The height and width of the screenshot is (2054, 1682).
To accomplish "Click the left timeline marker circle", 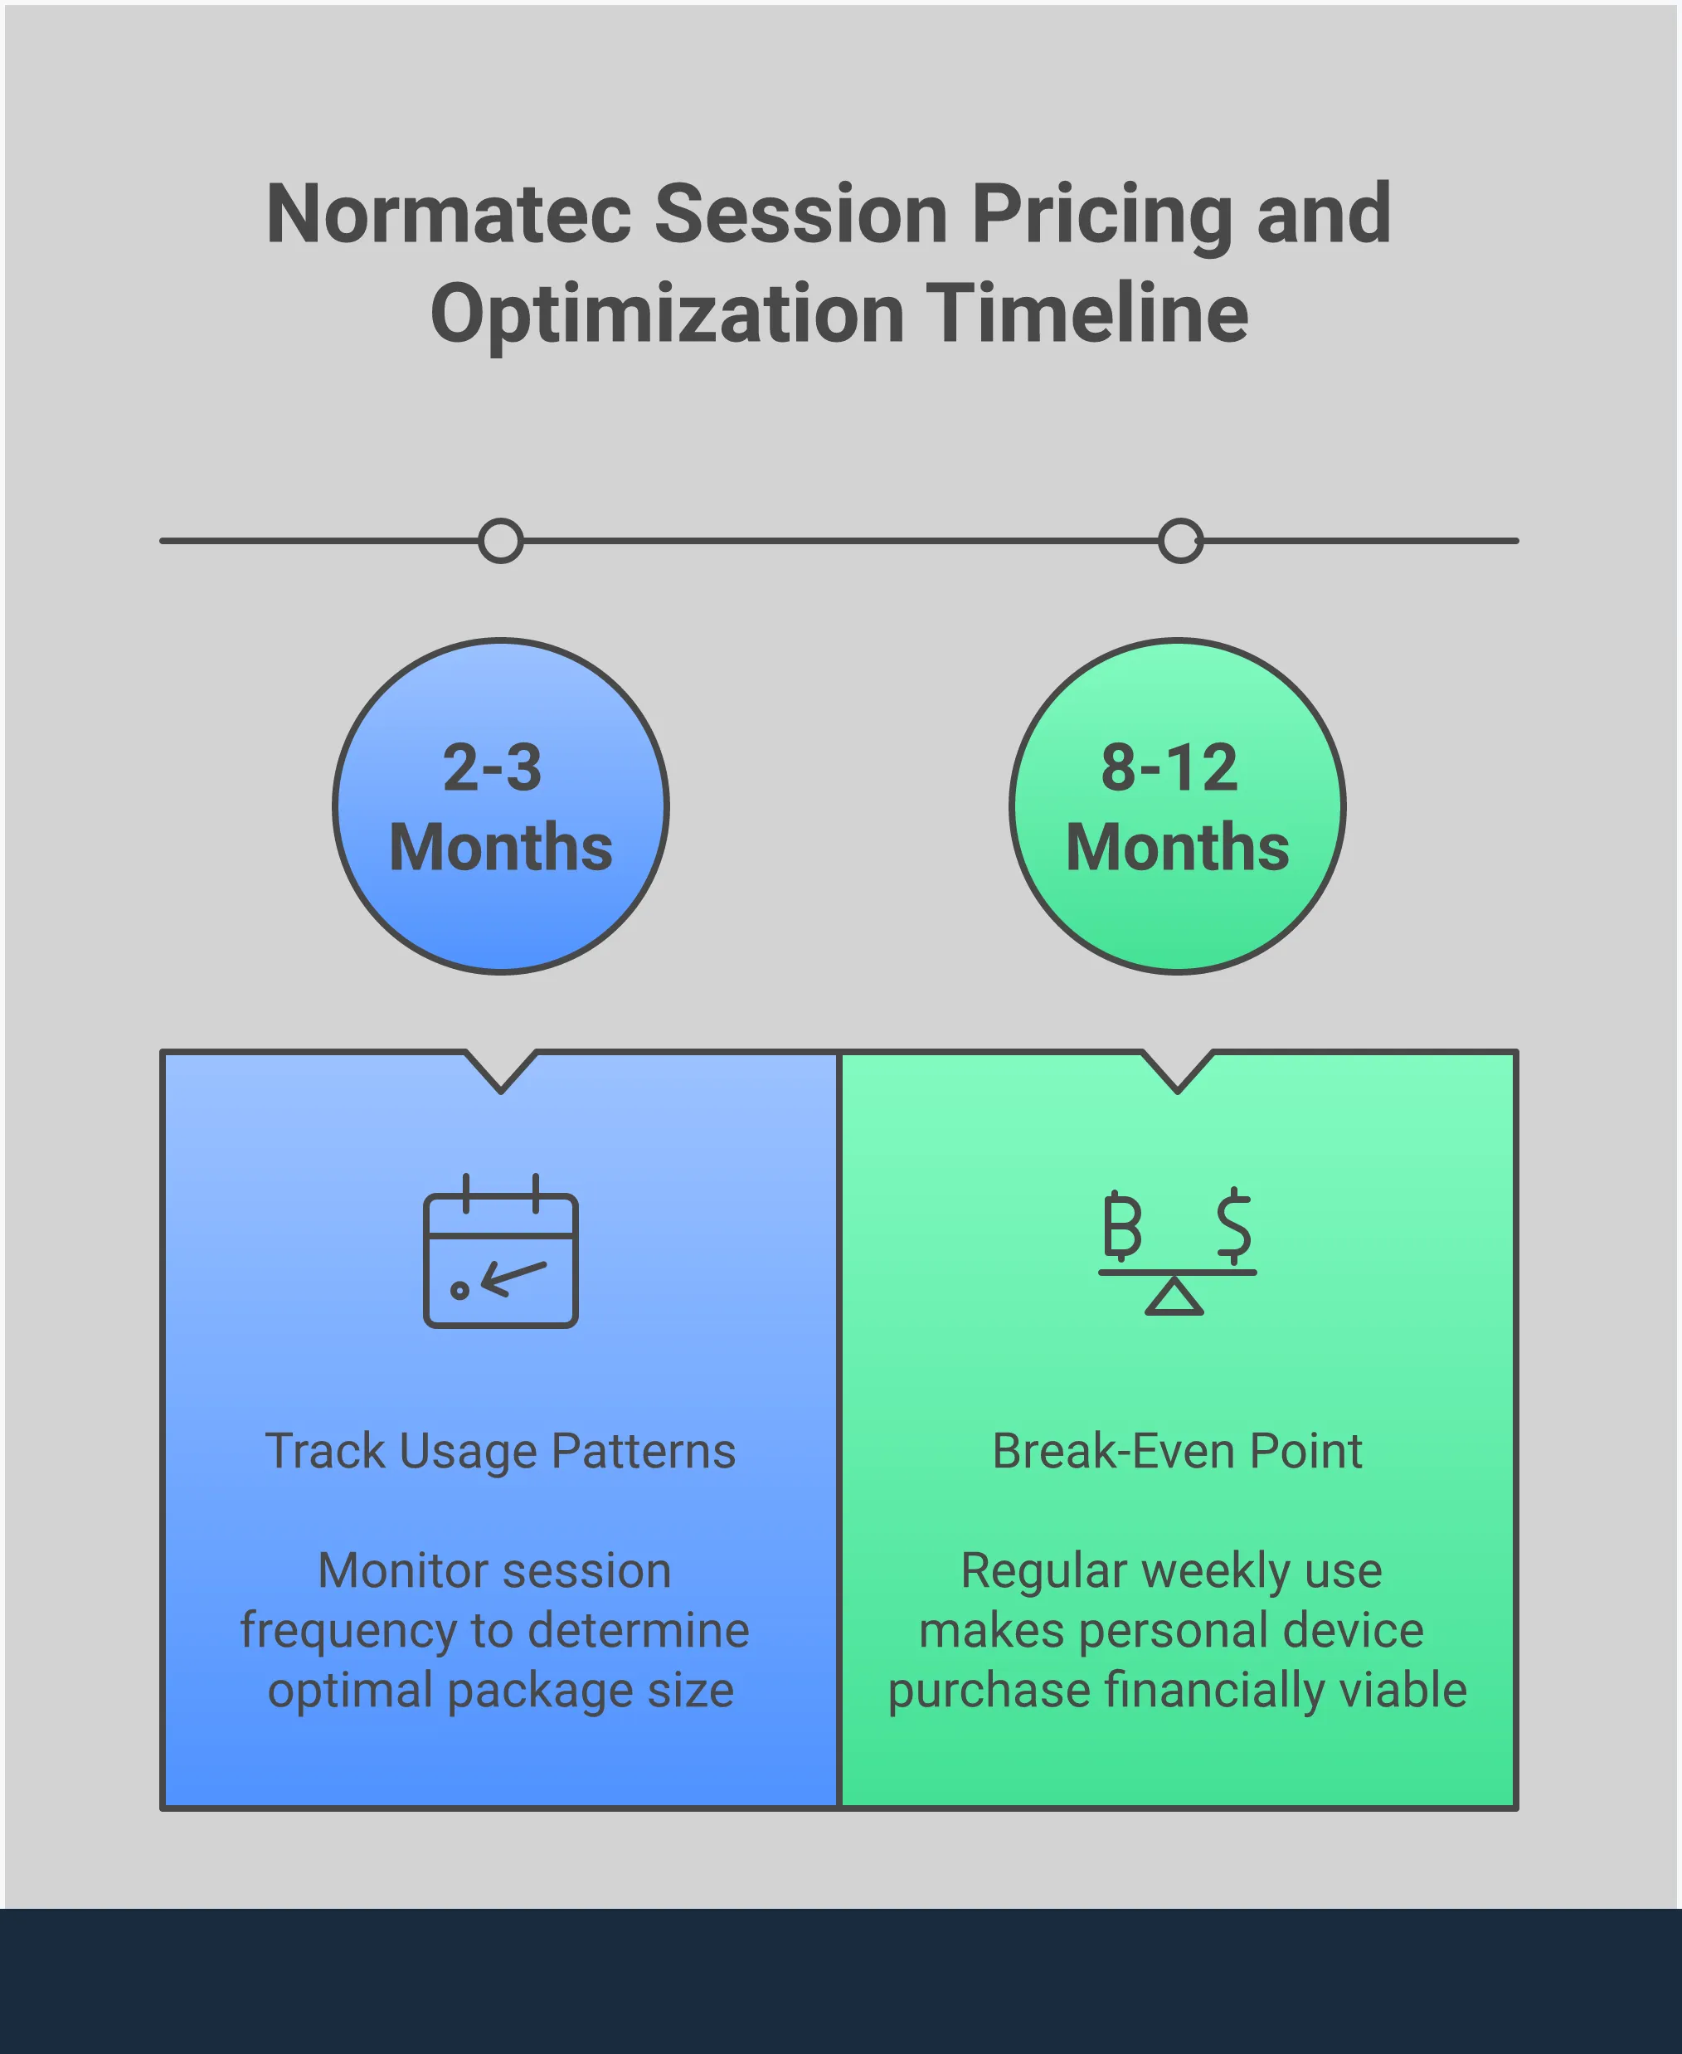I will tap(501, 541).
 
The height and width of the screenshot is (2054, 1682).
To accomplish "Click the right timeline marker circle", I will tap(1180, 541).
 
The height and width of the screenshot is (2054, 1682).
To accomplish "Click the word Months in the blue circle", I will tap(501, 848).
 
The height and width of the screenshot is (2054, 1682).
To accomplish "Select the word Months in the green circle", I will tap(1177, 848).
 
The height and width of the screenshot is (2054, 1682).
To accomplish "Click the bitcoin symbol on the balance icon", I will tap(1122, 1225).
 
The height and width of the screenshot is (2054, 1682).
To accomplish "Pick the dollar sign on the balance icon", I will tap(1233, 1225).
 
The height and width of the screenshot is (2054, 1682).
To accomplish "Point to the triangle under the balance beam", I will tap(1174, 1298).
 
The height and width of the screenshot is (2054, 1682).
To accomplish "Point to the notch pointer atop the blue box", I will tap(501, 1071).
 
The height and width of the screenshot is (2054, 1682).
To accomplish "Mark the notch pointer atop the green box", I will tap(1177, 1071).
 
